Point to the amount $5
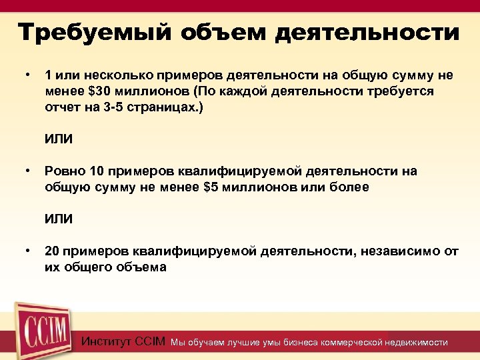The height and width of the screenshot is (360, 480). (210, 187)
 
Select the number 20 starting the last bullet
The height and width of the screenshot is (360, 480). (52, 251)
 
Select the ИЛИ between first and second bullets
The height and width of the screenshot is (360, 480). (59, 139)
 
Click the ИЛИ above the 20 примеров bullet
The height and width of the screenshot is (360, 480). (59, 219)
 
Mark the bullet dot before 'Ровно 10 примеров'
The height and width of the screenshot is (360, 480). (27, 171)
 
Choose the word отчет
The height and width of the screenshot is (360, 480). (61, 107)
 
